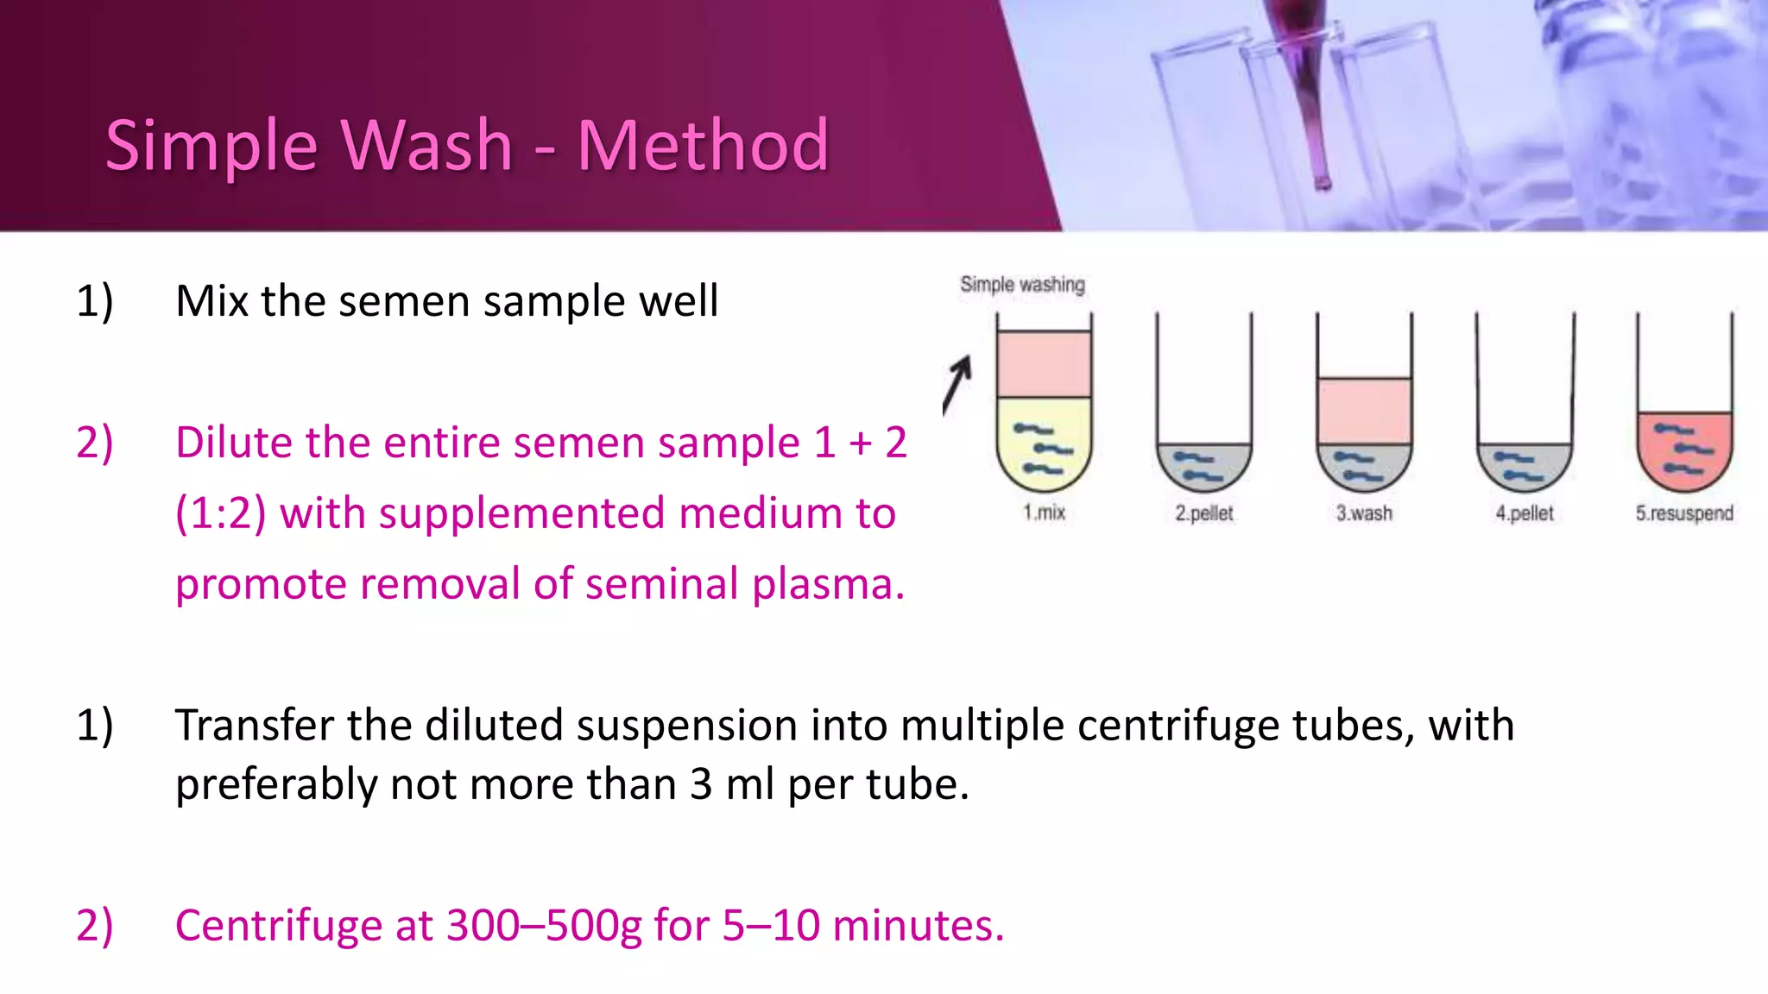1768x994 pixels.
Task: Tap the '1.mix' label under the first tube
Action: pos(1044,513)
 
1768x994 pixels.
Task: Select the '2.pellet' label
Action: pos(1203,513)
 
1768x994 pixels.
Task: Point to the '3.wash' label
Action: pos(1364,513)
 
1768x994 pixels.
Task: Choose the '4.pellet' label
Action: pos(1525,513)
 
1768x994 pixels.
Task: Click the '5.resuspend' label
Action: pos(1684,513)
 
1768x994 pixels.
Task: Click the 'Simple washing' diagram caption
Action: pos(1022,285)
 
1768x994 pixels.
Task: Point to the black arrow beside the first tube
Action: pos(957,385)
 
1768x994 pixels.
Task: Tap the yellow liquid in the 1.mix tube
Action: pos(1044,440)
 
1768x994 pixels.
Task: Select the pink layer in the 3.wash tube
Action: pos(1364,411)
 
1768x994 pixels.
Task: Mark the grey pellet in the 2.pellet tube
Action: pos(1203,466)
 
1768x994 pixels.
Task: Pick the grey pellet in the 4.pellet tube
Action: pos(1525,466)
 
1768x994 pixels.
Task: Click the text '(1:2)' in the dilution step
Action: pos(220,513)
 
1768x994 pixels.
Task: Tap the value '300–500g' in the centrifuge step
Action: pos(544,926)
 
